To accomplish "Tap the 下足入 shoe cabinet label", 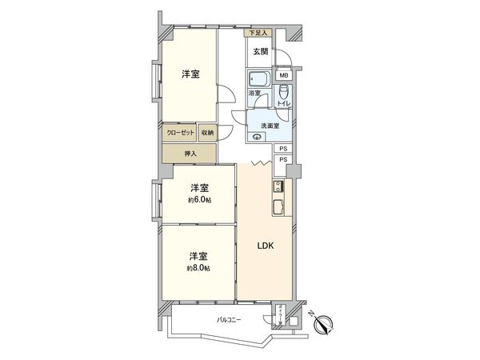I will pos(257,33).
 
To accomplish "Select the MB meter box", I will pos(283,76).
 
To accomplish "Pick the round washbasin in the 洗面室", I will pos(257,137).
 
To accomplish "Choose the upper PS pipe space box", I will pos(283,149).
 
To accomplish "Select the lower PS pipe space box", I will pos(283,161).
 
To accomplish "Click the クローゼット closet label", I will pos(180,133).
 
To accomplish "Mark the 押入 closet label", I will pos(190,152).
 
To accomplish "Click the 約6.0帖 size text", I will pos(198,201).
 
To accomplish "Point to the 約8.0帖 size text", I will pos(198,268).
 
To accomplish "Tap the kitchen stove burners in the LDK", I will pos(279,188).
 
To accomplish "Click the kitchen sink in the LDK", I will pos(279,207).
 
